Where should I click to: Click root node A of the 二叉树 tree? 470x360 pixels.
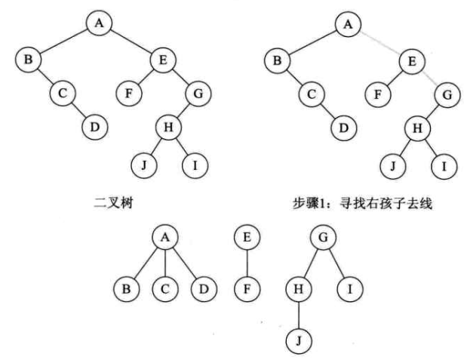point(99,23)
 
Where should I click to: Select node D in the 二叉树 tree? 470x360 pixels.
point(95,126)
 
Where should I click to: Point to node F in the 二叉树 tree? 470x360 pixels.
point(128,94)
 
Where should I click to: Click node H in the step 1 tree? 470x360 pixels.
point(415,128)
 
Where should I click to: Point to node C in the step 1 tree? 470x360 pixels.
point(310,94)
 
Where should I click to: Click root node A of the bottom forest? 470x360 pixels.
point(165,238)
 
